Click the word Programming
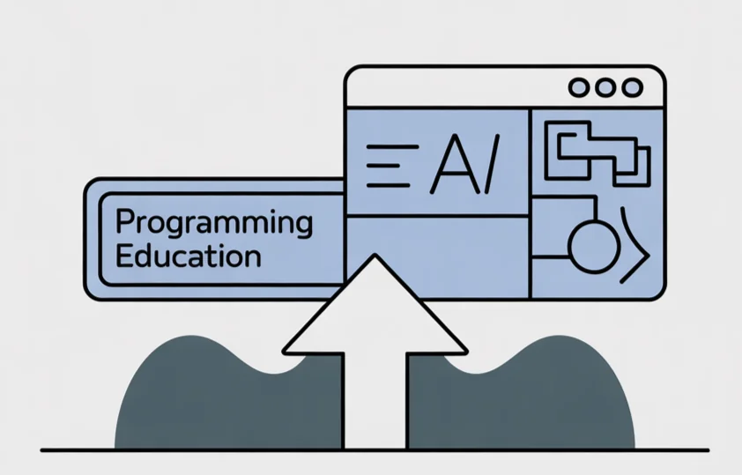214,223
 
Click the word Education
189,256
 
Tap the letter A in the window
449,167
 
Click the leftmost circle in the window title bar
579,88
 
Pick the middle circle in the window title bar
605,88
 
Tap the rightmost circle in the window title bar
632,88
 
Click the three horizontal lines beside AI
388,165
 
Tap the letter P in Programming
123,222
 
